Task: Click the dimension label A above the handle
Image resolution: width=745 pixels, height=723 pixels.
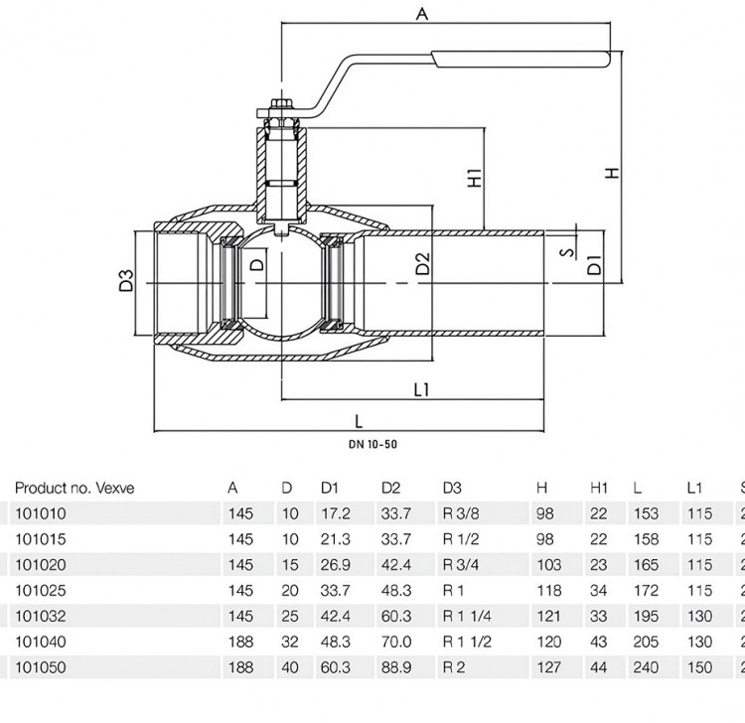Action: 422,13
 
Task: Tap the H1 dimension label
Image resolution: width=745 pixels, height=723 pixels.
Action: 475,178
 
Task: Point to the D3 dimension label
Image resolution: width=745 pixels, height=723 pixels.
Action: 126,280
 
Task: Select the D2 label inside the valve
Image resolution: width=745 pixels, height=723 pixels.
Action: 422,263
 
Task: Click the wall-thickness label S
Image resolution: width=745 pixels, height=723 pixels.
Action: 568,251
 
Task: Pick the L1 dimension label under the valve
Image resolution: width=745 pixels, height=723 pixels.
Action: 421,389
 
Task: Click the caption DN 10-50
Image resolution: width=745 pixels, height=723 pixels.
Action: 372,445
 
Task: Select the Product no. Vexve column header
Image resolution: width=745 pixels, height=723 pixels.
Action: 74,488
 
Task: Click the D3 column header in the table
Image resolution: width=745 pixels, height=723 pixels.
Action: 452,488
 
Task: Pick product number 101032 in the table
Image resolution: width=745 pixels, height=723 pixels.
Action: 41,616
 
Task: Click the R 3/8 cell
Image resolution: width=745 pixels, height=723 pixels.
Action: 461,513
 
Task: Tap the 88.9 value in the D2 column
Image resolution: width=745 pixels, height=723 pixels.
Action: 396,667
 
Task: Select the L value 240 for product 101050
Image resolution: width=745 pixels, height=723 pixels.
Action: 647,667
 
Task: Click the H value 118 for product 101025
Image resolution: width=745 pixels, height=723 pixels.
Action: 549,591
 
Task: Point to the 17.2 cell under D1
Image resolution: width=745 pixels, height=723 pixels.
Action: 336,513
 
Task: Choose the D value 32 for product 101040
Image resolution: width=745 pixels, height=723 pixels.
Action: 290,642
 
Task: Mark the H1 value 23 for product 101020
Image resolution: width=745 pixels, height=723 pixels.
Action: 599,565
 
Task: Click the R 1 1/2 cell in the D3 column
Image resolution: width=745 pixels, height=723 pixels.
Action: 467,642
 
